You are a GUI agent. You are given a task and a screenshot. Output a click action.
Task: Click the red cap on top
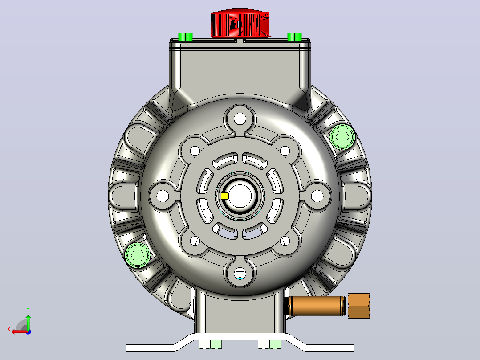240,23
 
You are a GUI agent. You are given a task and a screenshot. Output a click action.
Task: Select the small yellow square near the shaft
224,196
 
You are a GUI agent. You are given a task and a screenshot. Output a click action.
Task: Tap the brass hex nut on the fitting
359,306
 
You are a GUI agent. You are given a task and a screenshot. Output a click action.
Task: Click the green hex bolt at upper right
342,137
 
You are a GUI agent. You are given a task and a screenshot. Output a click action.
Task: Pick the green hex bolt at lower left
138,255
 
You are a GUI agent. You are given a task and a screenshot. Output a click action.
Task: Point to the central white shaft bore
240,196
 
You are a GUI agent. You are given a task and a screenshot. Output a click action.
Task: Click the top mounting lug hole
240,119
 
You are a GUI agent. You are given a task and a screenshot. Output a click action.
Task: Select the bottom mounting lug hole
240,273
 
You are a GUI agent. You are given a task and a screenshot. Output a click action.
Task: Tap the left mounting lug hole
163,196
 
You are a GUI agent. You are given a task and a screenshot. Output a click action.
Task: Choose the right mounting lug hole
317,196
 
